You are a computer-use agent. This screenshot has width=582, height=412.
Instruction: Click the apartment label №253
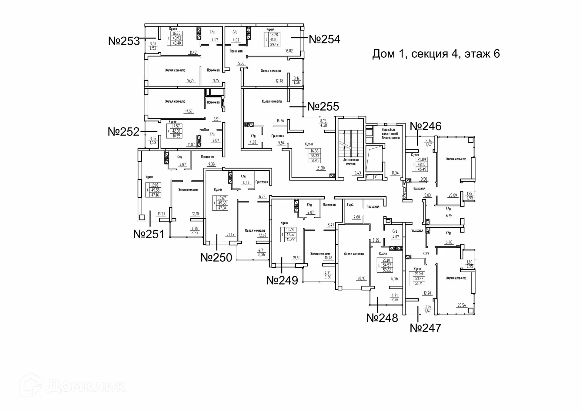pos(124,41)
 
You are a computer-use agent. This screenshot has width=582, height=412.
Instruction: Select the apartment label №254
pos(324,39)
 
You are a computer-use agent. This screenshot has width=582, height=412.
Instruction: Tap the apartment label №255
pos(323,107)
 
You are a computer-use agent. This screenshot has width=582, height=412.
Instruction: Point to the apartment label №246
pos(426,126)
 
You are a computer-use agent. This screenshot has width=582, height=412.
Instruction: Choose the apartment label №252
pos(124,131)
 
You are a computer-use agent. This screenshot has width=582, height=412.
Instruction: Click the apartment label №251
pos(149,234)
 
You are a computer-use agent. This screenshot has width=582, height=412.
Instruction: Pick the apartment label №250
pos(216,257)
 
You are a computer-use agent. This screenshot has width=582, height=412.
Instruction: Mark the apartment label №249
pos(282,280)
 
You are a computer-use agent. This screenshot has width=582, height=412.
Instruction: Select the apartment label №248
pos(382,318)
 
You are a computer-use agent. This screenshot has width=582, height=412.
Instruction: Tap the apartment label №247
pos(426,328)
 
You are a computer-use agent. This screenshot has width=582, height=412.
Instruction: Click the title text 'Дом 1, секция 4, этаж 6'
pos(436,54)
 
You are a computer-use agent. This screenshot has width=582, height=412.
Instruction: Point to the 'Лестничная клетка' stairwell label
pos(351,162)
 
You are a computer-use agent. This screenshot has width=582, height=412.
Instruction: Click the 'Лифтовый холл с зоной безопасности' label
pos(391,134)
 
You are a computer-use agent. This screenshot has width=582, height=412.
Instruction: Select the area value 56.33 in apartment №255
pos(315,156)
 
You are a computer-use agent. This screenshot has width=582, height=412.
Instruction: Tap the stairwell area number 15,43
pos(357,173)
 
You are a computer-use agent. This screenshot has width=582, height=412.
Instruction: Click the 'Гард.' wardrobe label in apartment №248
pos(350,205)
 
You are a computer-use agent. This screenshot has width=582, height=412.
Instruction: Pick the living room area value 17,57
pos(189,111)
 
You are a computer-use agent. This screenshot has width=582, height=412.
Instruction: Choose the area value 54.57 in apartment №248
pos(387,265)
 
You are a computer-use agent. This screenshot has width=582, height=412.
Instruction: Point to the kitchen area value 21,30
pos(321,168)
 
